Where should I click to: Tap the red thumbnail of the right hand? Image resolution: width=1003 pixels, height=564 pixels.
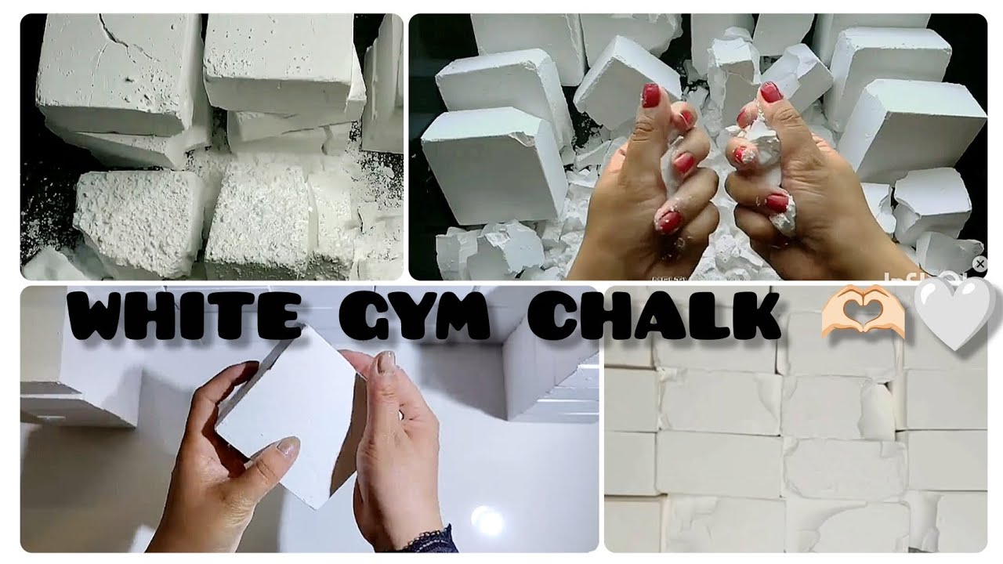771,92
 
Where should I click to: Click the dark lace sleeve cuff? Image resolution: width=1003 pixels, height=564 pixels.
427,540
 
